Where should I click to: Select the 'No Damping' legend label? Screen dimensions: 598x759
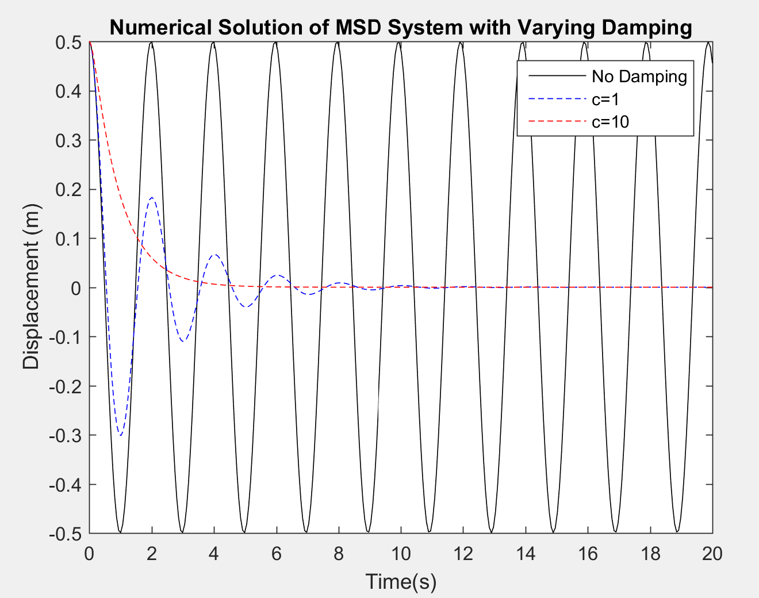(x=639, y=76)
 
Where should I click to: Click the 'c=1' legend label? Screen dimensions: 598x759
(x=605, y=99)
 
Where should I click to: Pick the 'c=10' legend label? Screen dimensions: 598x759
(x=610, y=122)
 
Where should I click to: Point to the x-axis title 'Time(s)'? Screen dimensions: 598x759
(x=401, y=581)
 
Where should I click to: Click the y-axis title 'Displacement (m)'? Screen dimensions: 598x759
(x=31, y=287)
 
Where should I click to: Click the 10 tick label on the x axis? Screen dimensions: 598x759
(x=401, y=554)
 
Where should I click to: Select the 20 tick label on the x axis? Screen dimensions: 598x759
(x=712, y=554)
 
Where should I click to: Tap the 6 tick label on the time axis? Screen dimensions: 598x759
(x=276, y=554)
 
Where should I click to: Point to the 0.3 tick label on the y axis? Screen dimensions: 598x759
(x=68, y=140)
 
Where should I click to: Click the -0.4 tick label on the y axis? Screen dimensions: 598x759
(x=65, y=485)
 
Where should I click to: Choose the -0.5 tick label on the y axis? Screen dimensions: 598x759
(x=65, y=534)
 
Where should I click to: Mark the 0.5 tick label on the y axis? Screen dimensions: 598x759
(x=68, y=42)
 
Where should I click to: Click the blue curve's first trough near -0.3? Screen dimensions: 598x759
(x=120, y=435)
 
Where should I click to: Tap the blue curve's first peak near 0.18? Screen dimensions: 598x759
(x=152, y=197)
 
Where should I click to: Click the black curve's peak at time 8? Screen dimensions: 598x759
(x=339, y=43)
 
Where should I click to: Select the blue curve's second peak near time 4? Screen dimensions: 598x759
(x=214, y=254)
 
